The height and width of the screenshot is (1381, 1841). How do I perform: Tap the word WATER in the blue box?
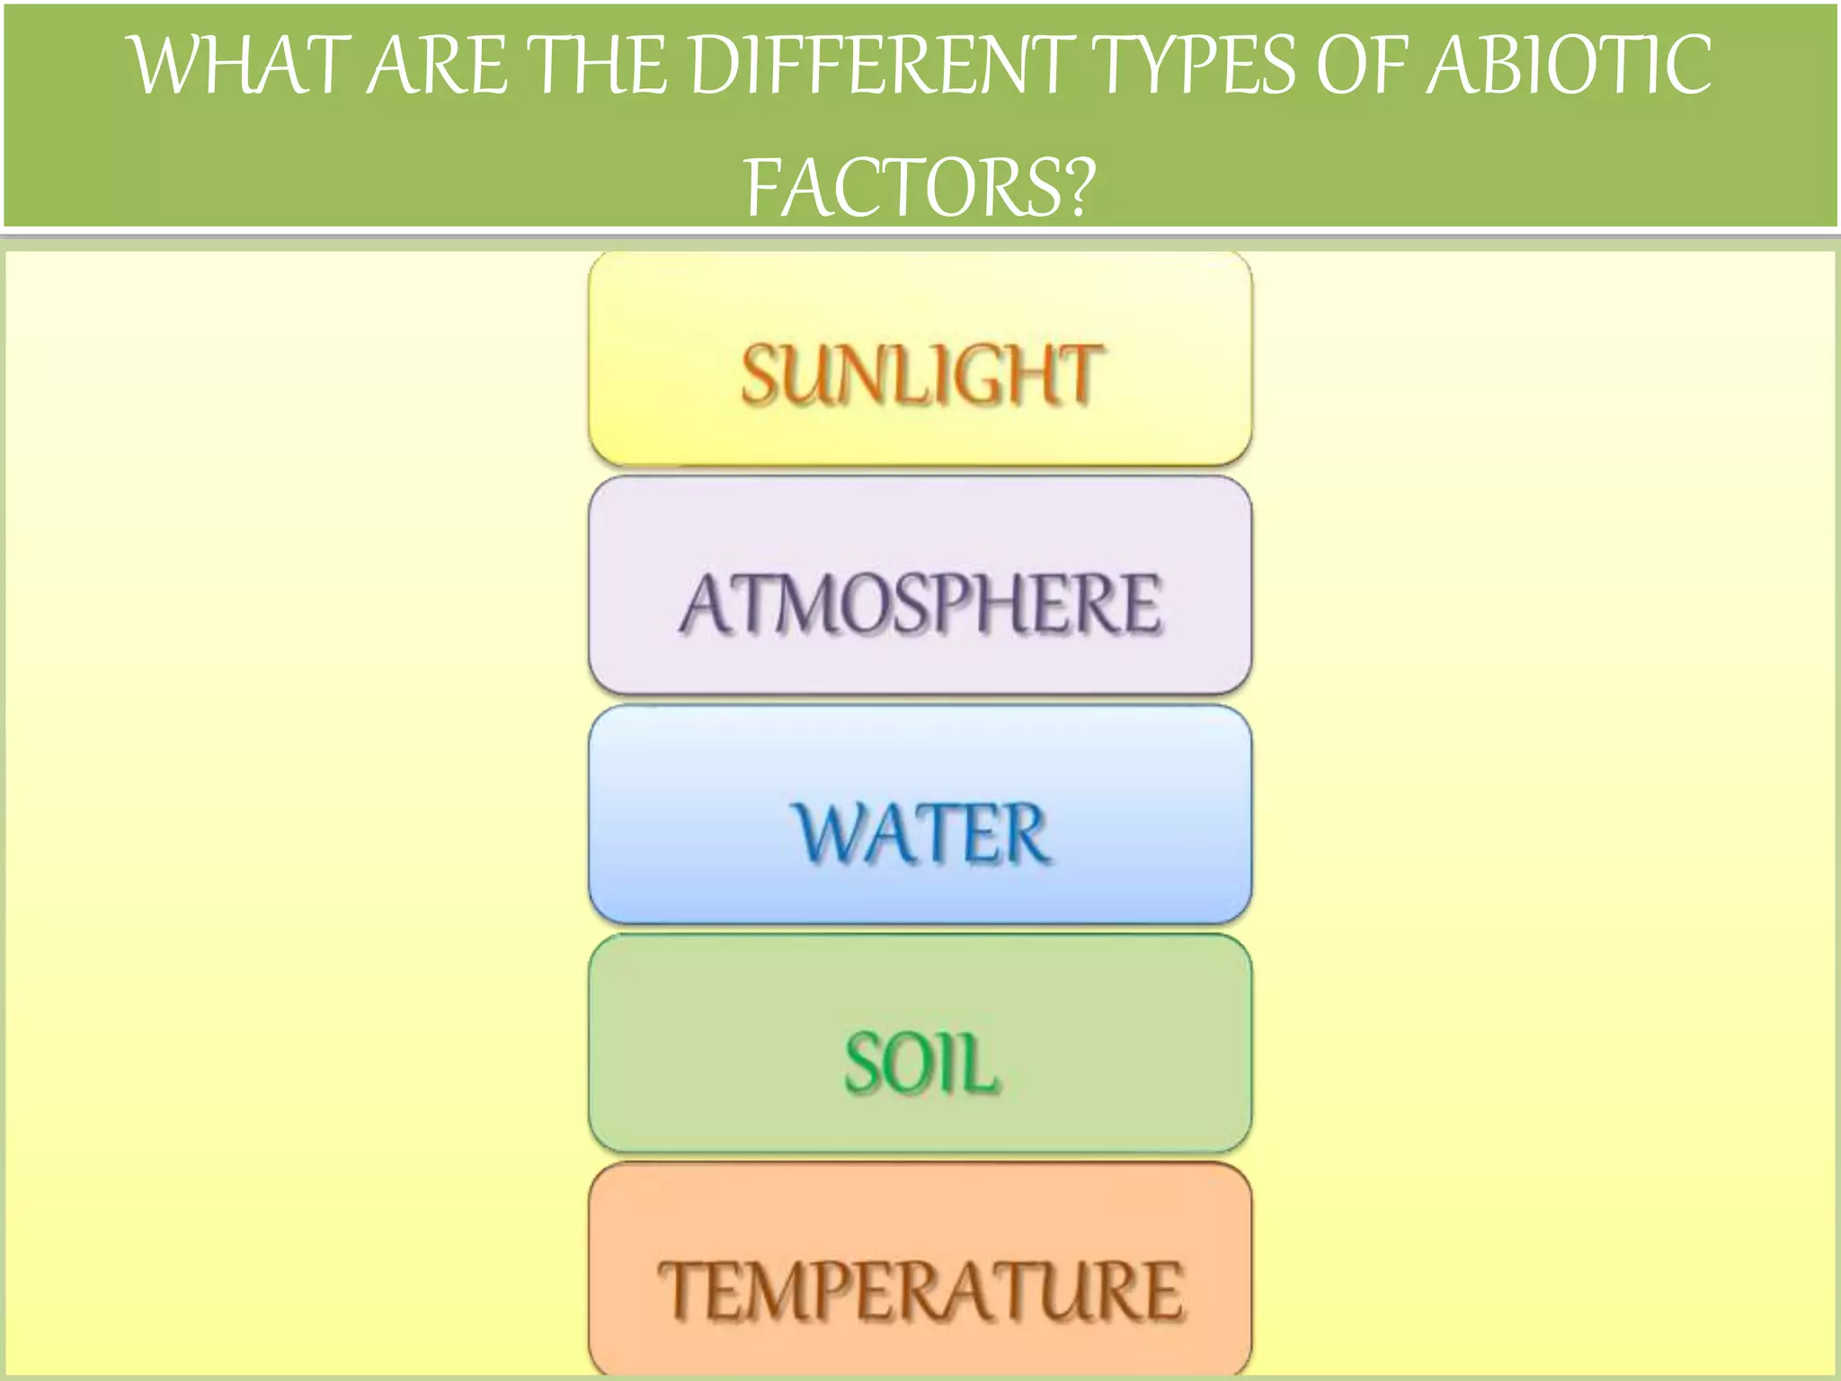920,833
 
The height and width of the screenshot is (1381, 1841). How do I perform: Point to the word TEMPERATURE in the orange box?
920,1290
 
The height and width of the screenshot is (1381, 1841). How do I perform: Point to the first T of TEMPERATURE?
680,1289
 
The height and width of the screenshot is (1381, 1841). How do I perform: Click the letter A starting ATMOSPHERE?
707,602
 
